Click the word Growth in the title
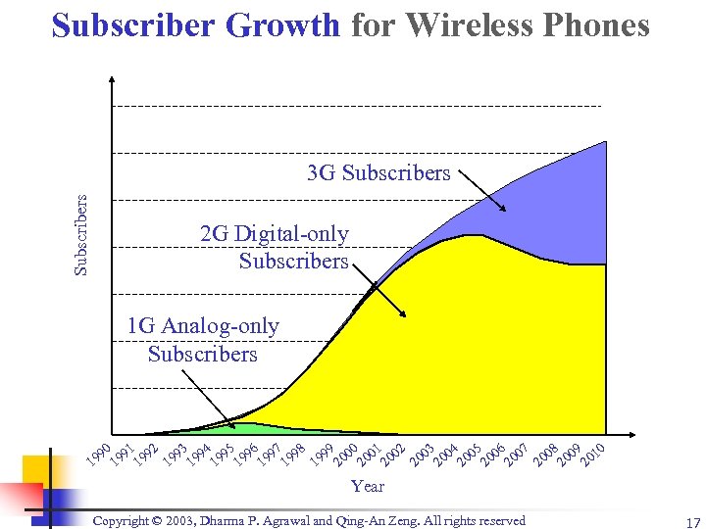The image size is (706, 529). point(282,25)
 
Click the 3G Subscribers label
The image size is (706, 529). point(378,173)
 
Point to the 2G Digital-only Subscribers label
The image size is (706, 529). point(275,248)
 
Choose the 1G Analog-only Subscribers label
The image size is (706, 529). point(203,340)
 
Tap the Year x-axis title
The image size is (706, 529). point(368,486)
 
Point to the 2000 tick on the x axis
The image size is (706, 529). point(344,454)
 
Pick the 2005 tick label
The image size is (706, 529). point(469,454)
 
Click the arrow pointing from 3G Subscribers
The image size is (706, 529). point(481,190)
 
